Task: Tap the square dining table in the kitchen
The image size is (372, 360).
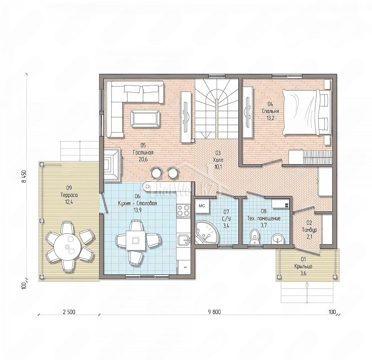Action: point(136,240)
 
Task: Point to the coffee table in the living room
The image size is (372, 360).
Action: point(145,119)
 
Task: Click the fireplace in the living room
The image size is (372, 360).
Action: point(112,164)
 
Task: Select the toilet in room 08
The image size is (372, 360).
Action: point(255,237)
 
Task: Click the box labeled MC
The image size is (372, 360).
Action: point(202,206)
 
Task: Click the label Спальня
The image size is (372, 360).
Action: point(271,111)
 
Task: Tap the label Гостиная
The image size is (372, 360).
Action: point(143,153)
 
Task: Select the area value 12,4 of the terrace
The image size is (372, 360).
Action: point(69,202)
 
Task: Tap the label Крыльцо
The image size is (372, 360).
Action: point(303,266)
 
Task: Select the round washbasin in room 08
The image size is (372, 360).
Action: point(277,239)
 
